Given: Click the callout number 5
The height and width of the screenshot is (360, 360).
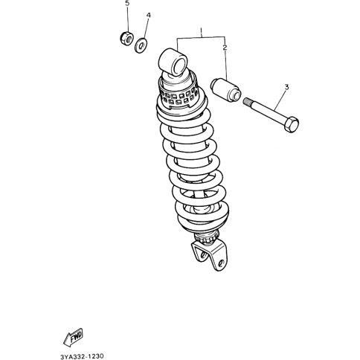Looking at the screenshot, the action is point(127,4).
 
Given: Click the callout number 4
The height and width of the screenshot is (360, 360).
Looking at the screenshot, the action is point(148,16).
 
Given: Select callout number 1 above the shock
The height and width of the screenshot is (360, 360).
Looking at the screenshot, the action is point(202,31).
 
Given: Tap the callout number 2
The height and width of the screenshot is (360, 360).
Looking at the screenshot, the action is point(225,48).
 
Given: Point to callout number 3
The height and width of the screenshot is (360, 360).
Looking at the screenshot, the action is point(286,87).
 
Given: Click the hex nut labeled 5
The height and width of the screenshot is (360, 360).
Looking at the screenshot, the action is point(126,39).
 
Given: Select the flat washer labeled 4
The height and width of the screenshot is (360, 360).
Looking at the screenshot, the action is point(141,45).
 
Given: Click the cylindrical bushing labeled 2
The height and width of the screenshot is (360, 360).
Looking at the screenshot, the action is point(225,90).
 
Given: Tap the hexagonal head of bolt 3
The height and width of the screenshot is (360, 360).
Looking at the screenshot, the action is point(292,124).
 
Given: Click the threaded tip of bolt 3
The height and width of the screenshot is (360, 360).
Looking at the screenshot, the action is point(247,101).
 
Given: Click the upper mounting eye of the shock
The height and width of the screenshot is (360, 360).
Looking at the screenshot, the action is point(173,62).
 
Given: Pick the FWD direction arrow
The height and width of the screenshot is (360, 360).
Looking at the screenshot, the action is point(73,338).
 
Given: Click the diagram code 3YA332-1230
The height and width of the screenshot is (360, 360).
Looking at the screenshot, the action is point(82,356).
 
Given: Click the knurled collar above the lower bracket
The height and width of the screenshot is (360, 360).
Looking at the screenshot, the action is point(207,239).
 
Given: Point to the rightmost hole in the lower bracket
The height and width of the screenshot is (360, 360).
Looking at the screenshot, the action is point(221,263).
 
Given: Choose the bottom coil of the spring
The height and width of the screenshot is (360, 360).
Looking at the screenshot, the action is point(203,221).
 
